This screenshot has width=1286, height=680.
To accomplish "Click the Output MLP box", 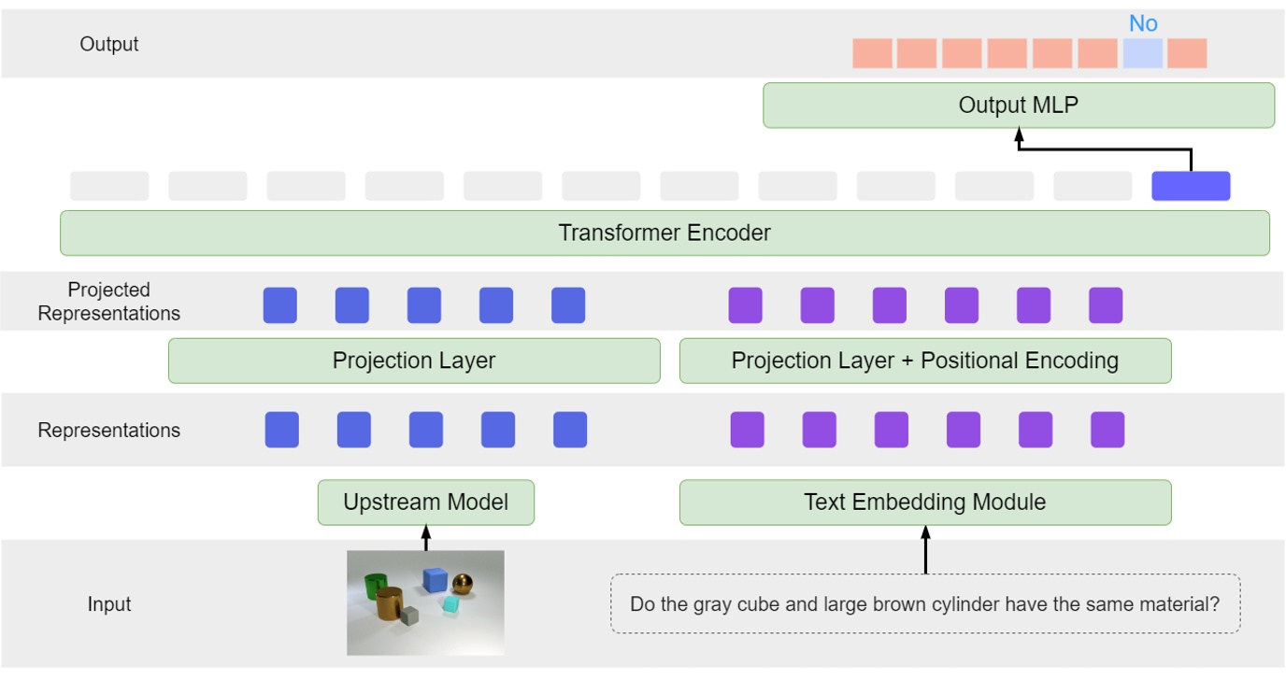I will [1018, 106].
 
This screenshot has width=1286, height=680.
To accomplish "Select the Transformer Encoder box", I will [664, 233].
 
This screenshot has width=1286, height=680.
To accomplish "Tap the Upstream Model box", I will [425, 503].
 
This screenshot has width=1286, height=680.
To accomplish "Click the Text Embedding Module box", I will [924, 503].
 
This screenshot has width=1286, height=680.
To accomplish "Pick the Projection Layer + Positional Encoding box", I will [924, 361].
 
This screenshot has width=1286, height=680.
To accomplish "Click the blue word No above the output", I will [1143, 24].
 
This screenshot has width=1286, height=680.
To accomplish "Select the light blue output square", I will [1143, 53].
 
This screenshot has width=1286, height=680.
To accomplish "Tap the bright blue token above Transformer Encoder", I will [1191, 186].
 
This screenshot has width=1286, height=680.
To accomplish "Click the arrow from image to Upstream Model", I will [426, 539].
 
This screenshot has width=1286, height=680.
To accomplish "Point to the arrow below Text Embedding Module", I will [925, 550].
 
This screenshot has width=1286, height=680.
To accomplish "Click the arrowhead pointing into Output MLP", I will [1019, 135].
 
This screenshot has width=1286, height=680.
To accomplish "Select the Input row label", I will [109, 604].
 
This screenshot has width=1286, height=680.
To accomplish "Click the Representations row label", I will [109, 431].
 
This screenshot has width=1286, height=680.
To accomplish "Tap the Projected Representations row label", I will [109, 302].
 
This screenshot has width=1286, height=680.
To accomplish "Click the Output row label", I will [109, 44].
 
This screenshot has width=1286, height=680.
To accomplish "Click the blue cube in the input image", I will [434, 580].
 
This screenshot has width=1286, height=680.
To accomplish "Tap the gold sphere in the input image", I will [463, 585].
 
